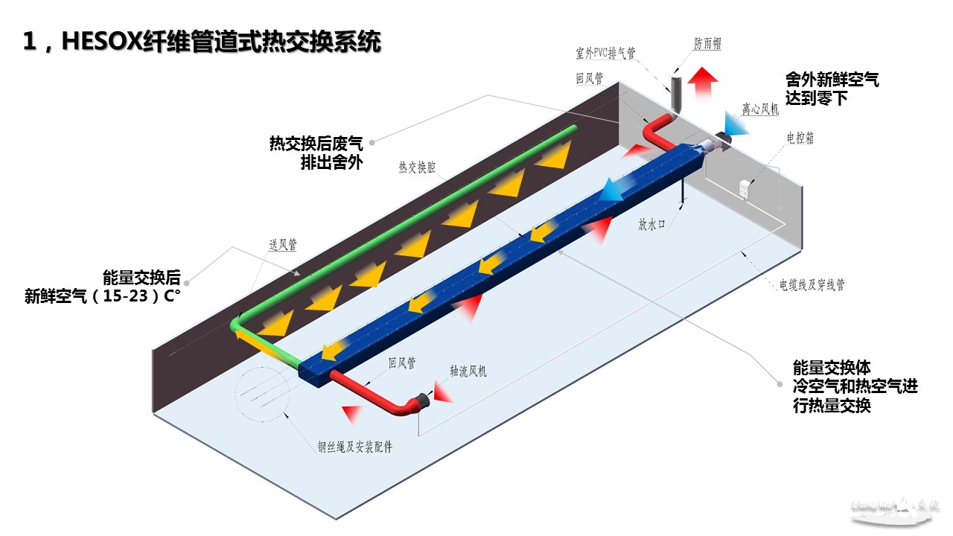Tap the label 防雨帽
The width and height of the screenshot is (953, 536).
707,45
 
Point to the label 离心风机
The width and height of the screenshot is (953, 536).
760,110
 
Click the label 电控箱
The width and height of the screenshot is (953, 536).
800,138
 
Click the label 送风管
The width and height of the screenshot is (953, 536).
283,244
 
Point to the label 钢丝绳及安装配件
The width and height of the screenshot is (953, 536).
354,447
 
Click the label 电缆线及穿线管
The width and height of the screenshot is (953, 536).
812,284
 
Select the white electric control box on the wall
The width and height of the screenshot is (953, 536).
746,188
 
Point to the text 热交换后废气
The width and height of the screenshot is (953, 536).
316,144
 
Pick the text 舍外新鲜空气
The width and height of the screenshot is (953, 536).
832,80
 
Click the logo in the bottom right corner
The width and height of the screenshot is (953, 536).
896,509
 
